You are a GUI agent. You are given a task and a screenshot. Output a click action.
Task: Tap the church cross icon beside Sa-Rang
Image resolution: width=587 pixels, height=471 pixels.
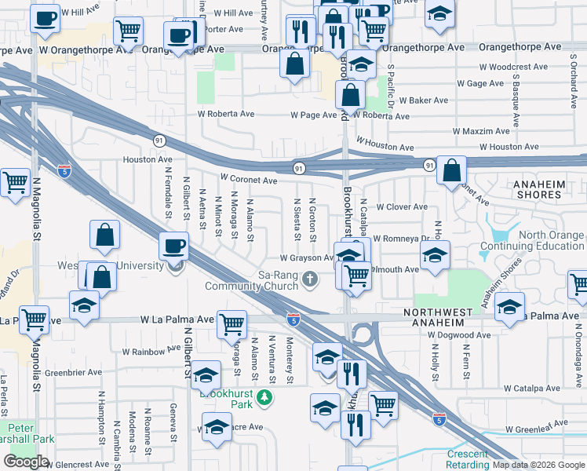[x=311, y=279]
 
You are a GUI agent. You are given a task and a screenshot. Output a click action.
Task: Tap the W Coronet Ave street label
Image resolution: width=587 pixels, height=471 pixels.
[x=249, y=180]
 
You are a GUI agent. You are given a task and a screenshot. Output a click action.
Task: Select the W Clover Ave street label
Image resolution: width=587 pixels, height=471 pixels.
[x=402, y=207]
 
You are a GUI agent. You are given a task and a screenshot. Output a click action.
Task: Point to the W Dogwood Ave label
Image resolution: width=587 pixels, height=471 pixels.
[x=459, y=335]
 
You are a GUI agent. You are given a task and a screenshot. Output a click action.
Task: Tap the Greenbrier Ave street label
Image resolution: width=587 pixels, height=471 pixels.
[x=75, y=372]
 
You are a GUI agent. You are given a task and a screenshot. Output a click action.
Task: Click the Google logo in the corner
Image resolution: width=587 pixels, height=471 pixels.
[x=26, y=462]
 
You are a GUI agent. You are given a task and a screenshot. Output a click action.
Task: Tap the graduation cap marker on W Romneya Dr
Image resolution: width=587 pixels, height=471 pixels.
[x=435, y=256]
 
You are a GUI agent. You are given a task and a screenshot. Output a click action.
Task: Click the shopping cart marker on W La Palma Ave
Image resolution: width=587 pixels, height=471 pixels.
[x=232, y=323]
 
